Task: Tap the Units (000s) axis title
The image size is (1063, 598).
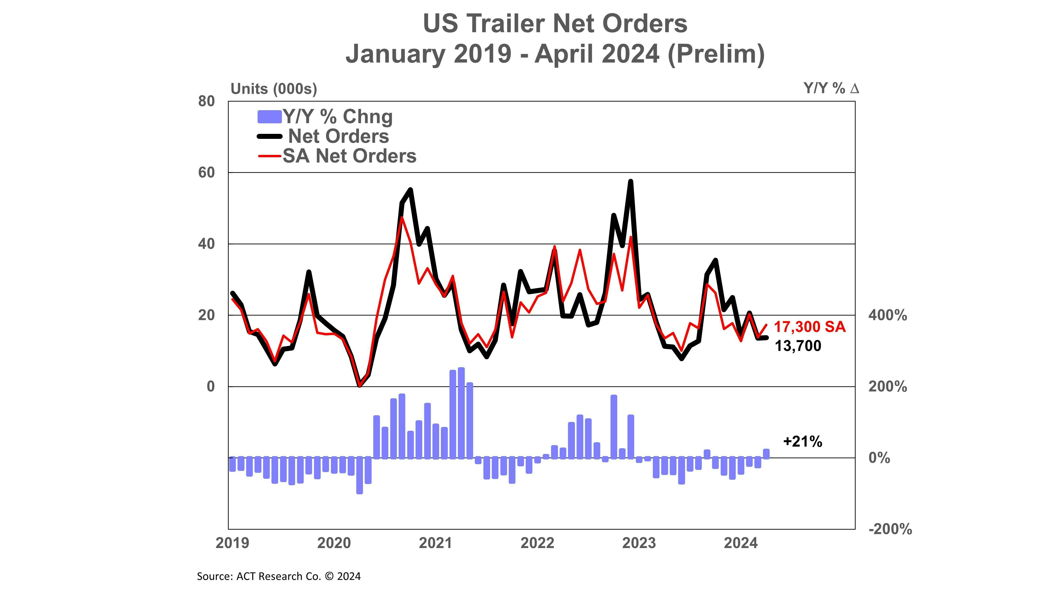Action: point(274,89)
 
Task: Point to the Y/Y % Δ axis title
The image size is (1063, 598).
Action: point(831,88)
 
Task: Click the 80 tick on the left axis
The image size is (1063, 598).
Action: point(206,102)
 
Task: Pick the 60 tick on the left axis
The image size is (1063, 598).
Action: point(206,173)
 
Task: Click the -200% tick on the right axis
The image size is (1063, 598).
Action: point(890,529)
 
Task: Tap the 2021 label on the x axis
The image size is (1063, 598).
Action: point(435,543)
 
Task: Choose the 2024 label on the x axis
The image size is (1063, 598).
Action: point(741,543)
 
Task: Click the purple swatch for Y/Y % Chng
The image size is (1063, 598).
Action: point(270,117)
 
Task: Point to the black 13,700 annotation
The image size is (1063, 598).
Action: point(798,346)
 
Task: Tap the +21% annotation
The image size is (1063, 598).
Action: point(802,442)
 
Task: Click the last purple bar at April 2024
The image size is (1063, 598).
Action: point(766,454)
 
